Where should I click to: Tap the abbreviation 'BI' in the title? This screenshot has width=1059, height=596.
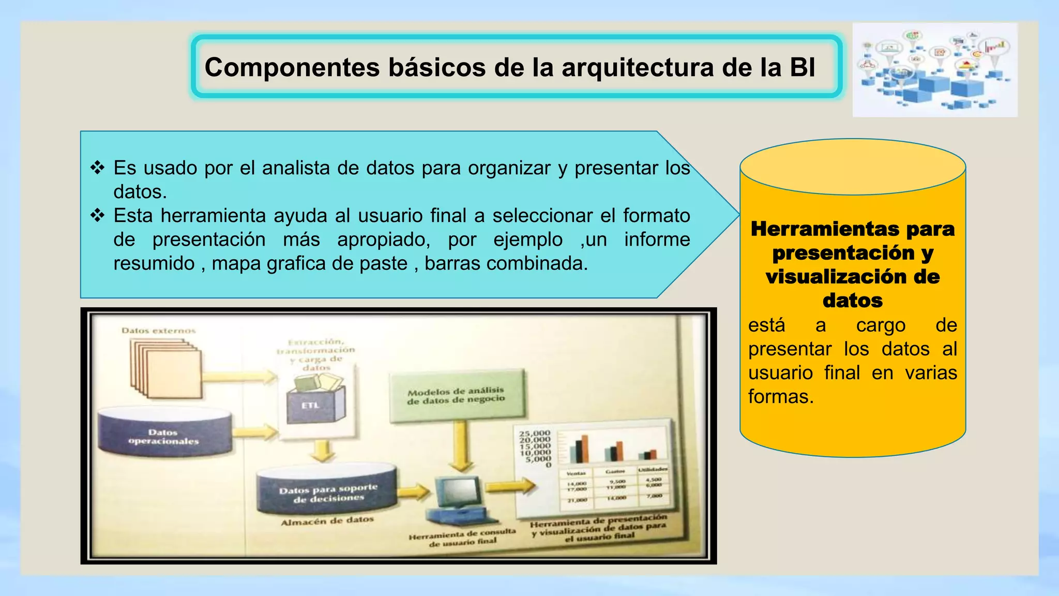(802, 68)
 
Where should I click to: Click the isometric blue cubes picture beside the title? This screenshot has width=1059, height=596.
(934, 70)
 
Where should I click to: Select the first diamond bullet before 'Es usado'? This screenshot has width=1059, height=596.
(97, 168)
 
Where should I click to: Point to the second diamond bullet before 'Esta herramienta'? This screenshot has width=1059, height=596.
(97, 215)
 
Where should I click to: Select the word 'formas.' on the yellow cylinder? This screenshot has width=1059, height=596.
(781, 397)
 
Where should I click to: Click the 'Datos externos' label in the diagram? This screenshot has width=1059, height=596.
(159, 331)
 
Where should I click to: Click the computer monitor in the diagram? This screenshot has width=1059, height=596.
(458, 491)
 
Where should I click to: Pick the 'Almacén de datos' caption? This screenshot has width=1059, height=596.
(327, 521)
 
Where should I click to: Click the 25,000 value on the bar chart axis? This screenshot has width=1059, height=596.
(535, 433)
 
